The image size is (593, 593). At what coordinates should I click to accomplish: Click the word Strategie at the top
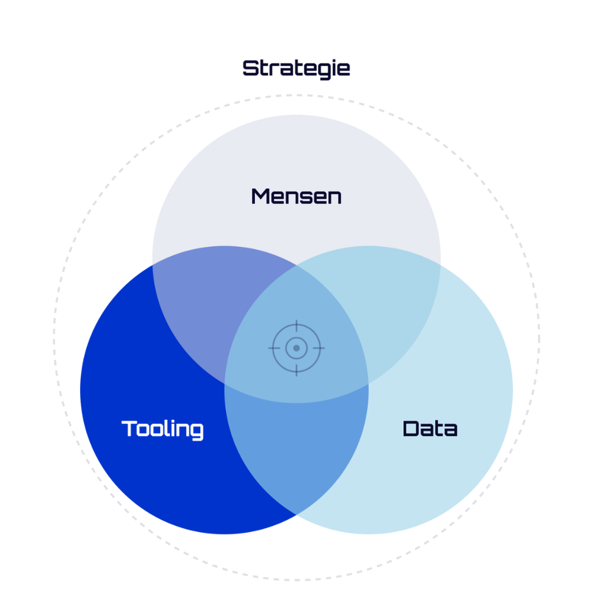(296, 69)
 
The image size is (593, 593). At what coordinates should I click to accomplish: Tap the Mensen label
(296, 197)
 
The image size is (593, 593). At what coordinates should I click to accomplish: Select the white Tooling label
(162, 430)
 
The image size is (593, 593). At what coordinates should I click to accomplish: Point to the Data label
(431, 429)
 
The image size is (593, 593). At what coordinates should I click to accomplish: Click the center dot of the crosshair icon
(296, 348)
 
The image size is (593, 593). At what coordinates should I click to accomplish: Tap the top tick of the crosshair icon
(296, 326)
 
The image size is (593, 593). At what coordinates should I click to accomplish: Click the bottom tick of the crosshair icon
(296, 371)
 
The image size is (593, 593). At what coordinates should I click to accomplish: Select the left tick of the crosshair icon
(274, 348)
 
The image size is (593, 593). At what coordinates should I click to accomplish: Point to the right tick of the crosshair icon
(319, 348)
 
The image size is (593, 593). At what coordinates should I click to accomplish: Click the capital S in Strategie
(250, 68)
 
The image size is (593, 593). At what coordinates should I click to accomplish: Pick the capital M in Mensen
(261, 197)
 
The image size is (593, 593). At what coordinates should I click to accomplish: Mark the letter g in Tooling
(196, 432)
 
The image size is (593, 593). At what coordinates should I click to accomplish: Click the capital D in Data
(411, 429)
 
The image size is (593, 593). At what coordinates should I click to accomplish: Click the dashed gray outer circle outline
(296, 95)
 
